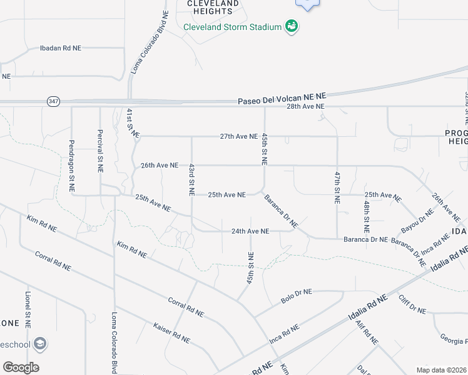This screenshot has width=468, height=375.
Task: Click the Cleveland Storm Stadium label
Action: pos(231,27)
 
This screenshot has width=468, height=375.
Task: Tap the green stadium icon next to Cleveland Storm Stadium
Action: pos(291,26)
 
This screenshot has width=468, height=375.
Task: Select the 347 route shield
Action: pos(53,101)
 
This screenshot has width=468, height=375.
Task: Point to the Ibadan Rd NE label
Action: pos(61,47)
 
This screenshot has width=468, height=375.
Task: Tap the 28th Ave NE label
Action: pos(305,107)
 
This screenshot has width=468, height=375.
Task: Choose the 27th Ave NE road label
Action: pos(238,136)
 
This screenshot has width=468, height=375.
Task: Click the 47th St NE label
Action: pos(337,186)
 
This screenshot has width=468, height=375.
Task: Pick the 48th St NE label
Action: pos(366,215)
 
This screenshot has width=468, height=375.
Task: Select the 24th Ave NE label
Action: pos(250,231)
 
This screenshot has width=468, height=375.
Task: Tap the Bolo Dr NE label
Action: pos(296,297)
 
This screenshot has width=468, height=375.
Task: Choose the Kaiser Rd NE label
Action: pos(171,332)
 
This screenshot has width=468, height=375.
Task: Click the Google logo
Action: pos(21,367)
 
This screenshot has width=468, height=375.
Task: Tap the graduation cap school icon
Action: pos(40,344)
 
